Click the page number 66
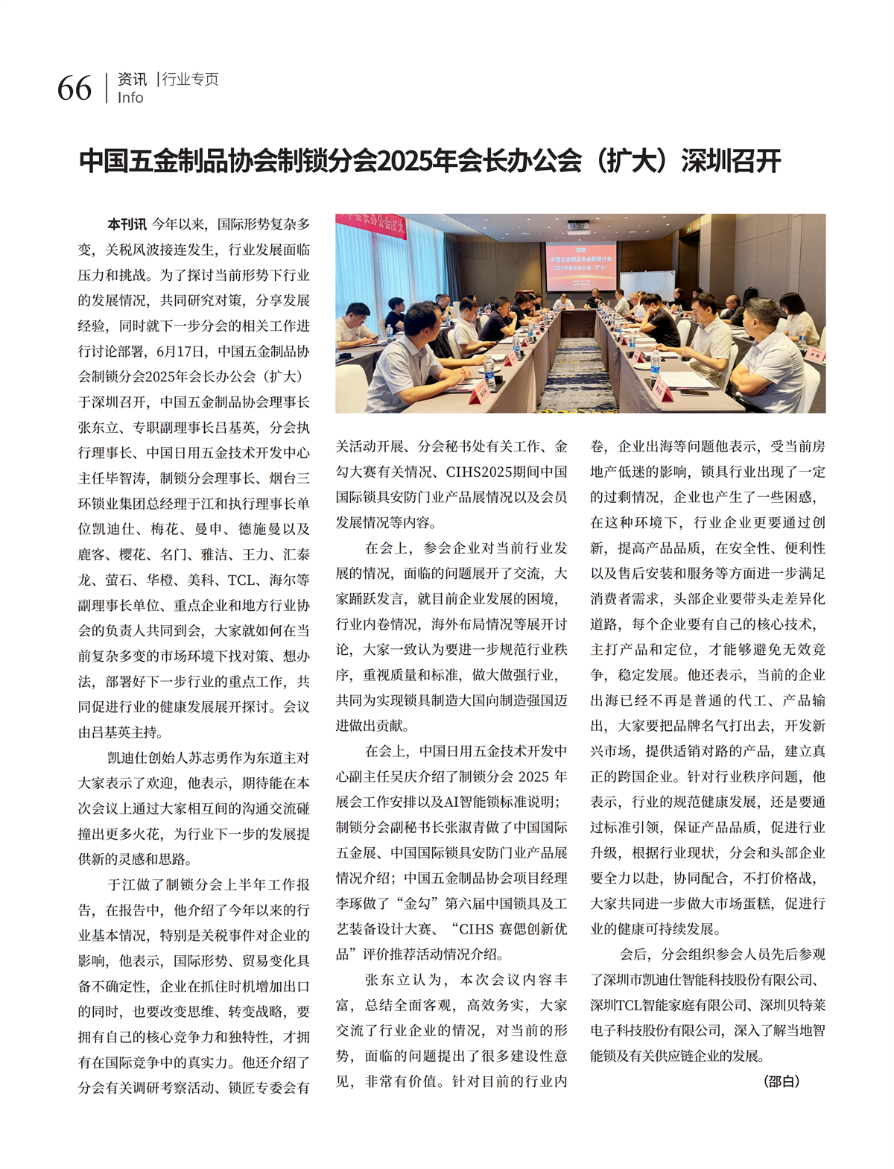74,88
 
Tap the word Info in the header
130,98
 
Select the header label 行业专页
191,79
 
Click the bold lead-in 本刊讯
127,224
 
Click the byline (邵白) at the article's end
782,1081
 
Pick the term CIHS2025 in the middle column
477,472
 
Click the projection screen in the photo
580,266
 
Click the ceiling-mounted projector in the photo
578,225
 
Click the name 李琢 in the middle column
350,903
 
